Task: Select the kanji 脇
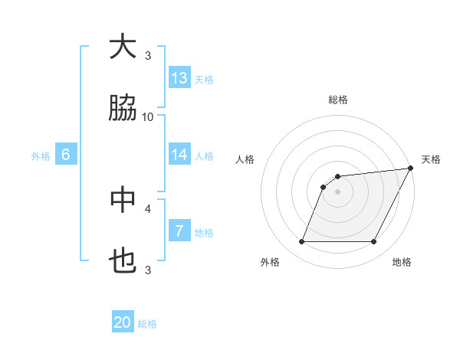[123, 110]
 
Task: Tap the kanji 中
[123, 201]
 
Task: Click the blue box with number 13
[179, 78]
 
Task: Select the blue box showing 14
[179, 155]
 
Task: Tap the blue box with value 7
[179, 231]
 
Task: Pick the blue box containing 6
[66, 155]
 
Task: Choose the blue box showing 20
[123, 323]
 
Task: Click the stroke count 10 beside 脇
[148, 116]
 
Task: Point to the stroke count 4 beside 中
[148, 208]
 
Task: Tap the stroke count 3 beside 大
[148, 55]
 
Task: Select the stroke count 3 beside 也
[148, 270]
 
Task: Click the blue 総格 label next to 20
[147, 324]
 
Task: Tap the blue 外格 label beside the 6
[41, 156]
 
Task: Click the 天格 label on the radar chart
[431, 159]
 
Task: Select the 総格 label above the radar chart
[338, 100]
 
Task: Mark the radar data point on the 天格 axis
[410, 168]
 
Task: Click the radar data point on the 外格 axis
[301, 242]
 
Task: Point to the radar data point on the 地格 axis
[374, 242]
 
